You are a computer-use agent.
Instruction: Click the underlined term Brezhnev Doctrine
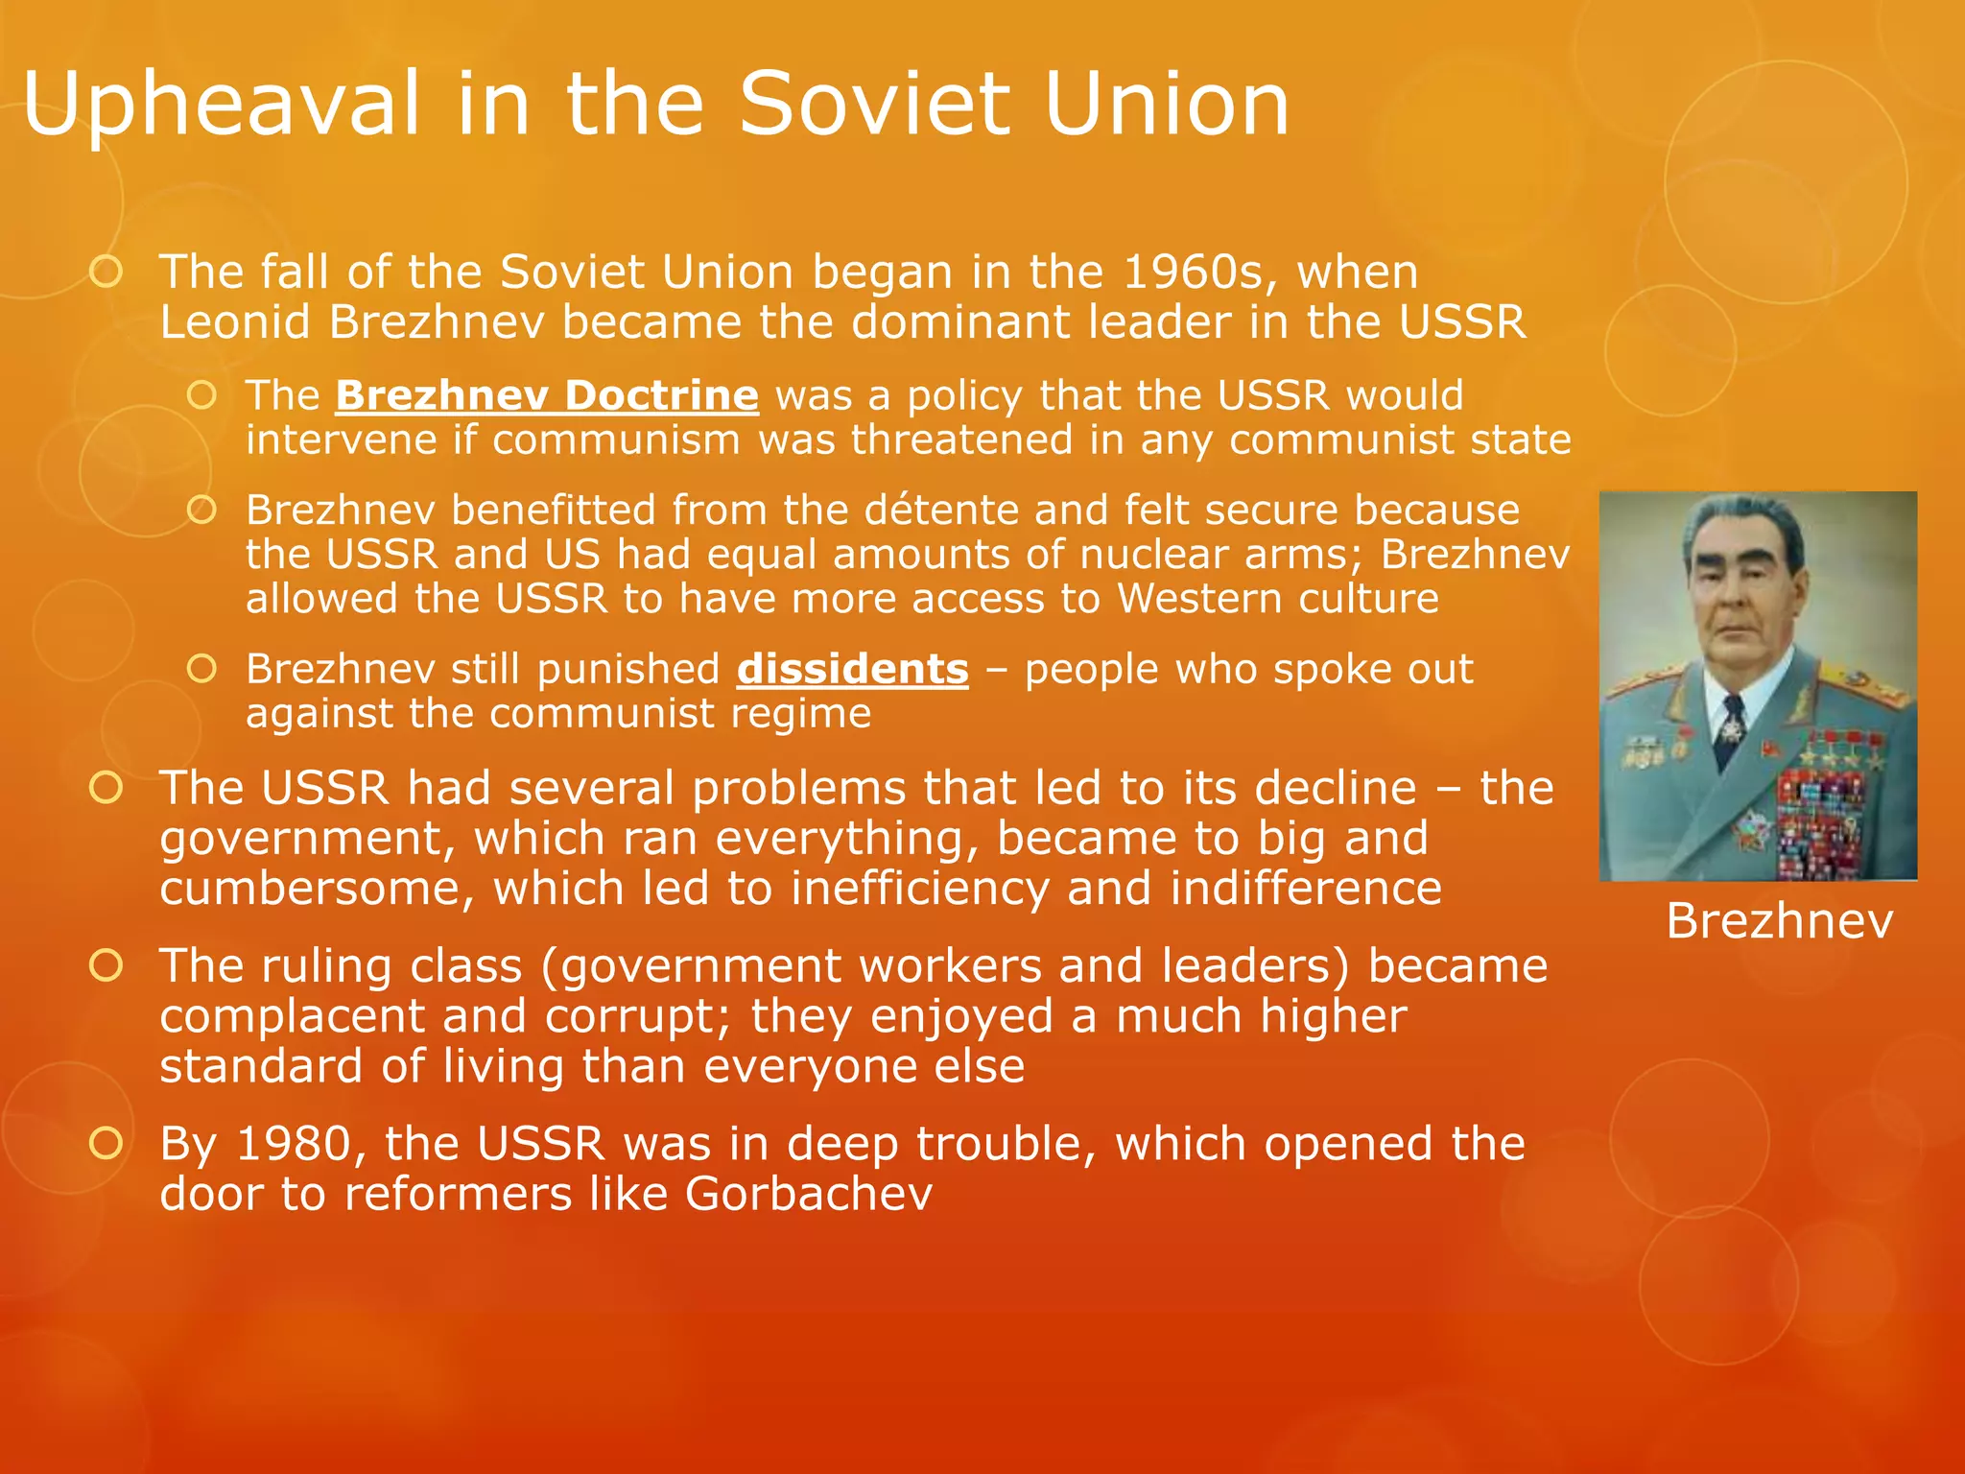547,396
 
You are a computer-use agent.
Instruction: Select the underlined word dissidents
852,670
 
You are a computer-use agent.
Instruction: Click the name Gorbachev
808,1195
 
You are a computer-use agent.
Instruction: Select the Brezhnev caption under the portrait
1779,921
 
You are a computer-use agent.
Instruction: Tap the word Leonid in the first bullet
235,322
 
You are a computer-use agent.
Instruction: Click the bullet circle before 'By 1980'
106,1143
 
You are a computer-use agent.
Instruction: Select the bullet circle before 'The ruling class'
106,965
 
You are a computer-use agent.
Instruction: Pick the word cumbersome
317,889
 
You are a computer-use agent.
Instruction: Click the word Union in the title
1166,104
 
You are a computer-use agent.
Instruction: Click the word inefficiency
919,889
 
